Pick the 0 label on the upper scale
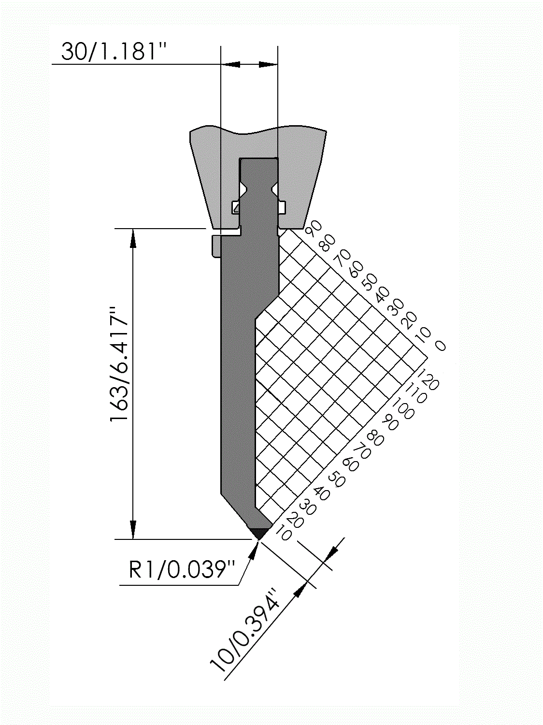(440, 346)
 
